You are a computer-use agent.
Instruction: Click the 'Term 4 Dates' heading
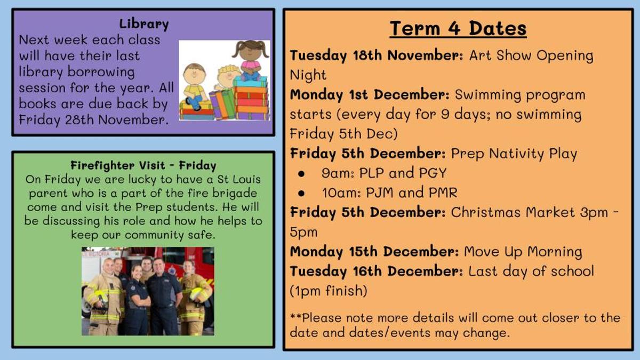pos(458,29)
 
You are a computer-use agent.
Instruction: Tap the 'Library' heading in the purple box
pos(144,24)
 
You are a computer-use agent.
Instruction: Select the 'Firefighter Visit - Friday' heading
pos(143,166)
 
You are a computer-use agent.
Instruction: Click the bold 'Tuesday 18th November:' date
pos(377,55)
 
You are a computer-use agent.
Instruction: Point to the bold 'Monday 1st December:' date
pos(370,95)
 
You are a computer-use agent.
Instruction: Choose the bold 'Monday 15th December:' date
pos(374,252)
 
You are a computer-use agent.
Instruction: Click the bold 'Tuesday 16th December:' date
pos(377,271)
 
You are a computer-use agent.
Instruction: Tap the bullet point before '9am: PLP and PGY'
pos(301,174)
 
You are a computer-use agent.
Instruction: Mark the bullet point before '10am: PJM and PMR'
pos(301,194)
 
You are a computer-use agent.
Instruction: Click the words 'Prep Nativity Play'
pos(514,154)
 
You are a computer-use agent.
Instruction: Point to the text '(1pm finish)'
pos(329,291)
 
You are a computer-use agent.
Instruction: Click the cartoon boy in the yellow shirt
pos(195,86)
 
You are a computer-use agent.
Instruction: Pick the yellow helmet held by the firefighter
pos(199,294)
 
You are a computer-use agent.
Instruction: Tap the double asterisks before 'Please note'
pos(295,316)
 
